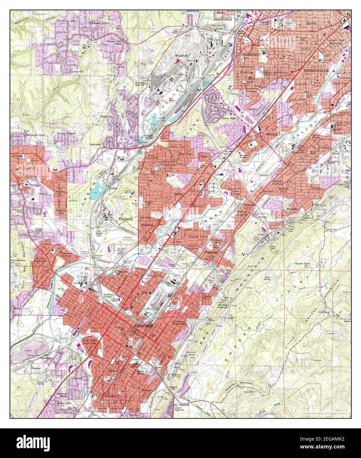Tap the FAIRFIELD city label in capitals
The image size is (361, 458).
tap(252, 54)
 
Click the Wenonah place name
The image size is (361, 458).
tap(292, 209)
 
